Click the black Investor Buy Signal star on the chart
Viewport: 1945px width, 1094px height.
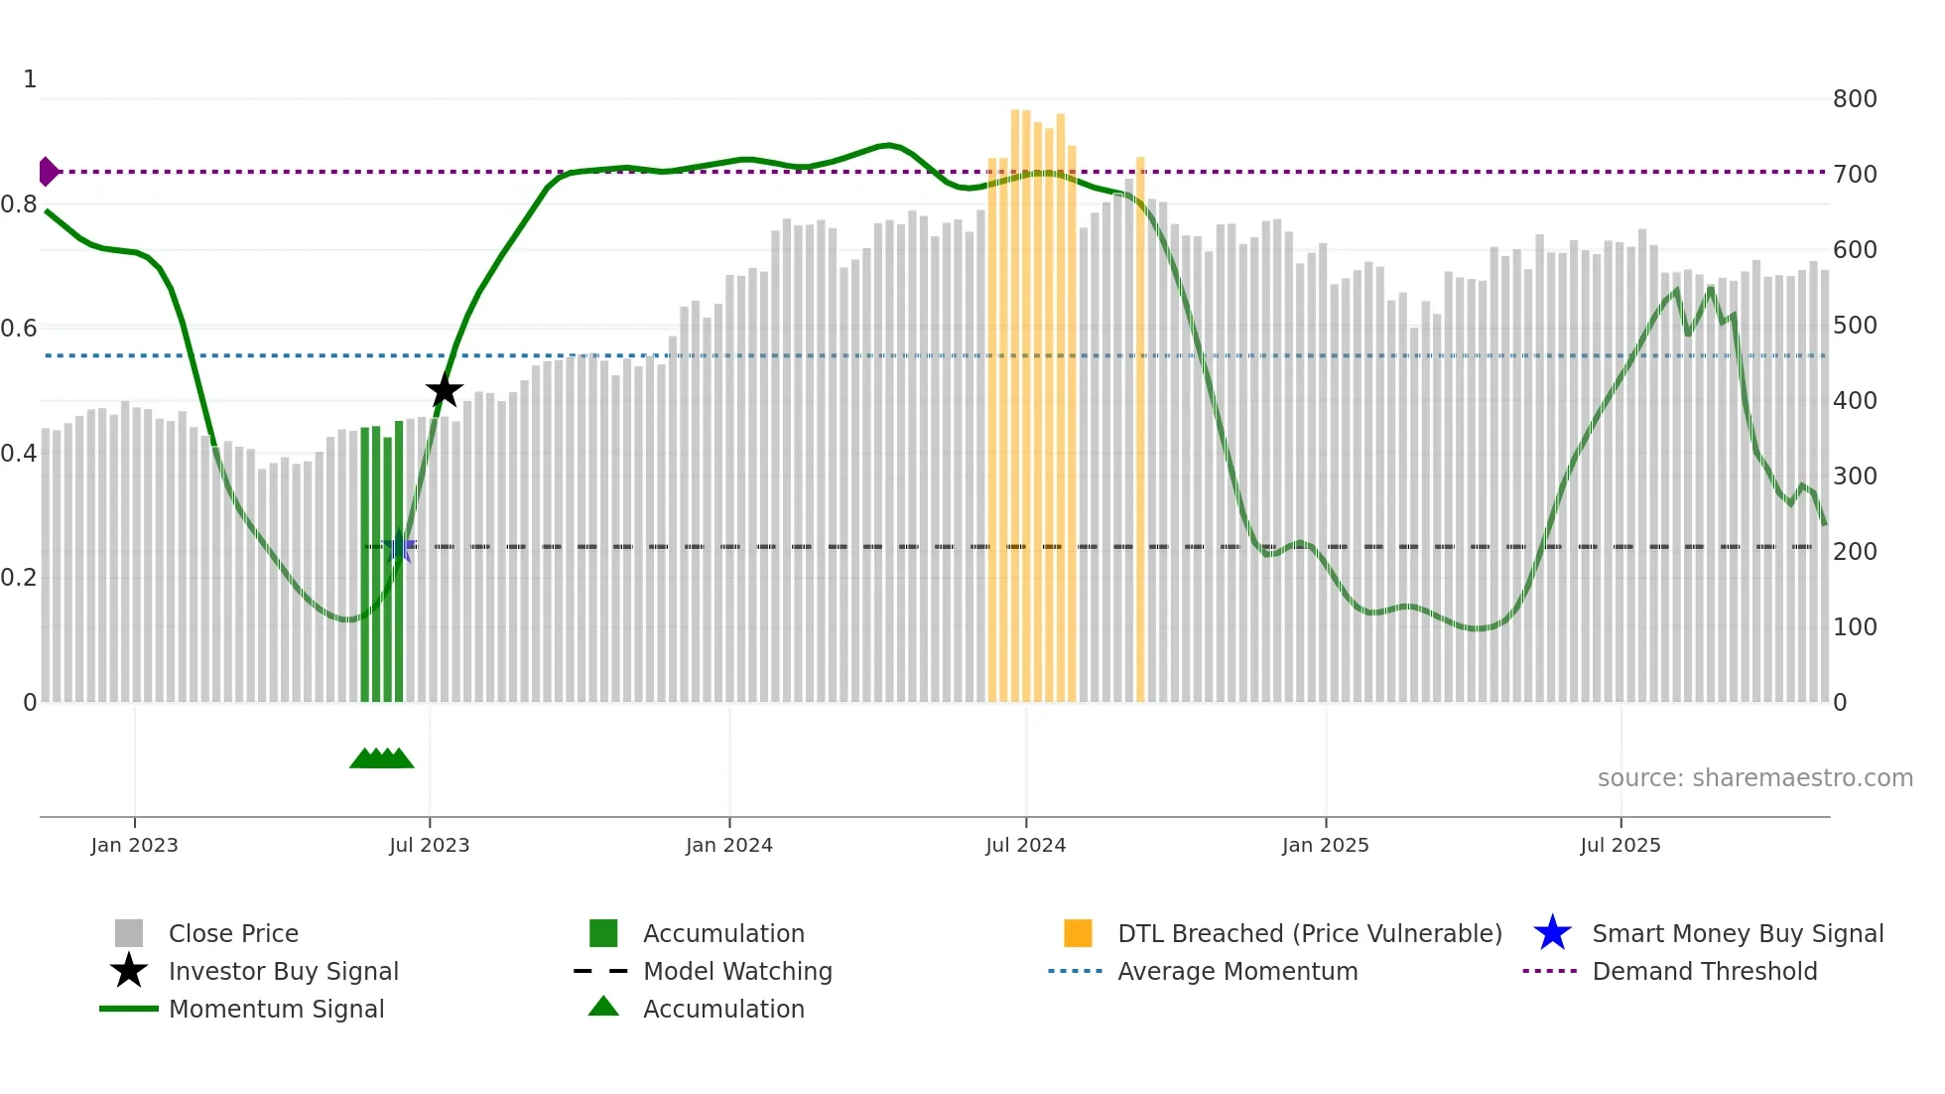click(445, 390)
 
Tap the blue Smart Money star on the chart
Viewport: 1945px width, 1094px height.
click(399, 546)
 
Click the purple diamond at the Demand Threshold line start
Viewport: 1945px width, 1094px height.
click(48, 172)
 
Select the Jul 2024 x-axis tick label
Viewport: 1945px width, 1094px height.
click(1025, 845)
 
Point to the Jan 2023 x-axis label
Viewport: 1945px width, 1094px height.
click(134, 845)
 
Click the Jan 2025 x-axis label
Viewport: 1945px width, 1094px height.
click(1325, 845)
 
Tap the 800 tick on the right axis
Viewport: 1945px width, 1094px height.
click(1854, 99)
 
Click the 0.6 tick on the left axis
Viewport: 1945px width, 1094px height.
click(20, 329)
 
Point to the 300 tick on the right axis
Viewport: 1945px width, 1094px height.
click(1854, 477)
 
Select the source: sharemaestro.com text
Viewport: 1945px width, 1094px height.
click(1754, 778)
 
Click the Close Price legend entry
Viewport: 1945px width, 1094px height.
click(233, 933)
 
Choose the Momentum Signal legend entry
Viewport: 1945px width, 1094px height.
click(276, 1009)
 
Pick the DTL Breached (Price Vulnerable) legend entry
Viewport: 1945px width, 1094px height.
click(1309, 933)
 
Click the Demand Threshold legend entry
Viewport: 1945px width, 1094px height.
click(1704, 971)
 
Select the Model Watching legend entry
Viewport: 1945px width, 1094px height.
click(737, 971)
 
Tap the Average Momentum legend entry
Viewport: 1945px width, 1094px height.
click(1236, 971)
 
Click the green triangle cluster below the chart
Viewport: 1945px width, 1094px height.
click(382, 758)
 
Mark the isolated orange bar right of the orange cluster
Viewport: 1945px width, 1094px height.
click(1140, 427)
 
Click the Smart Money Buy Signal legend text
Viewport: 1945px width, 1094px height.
click(1737, 933)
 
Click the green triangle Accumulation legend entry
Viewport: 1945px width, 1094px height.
click(722, 1009)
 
